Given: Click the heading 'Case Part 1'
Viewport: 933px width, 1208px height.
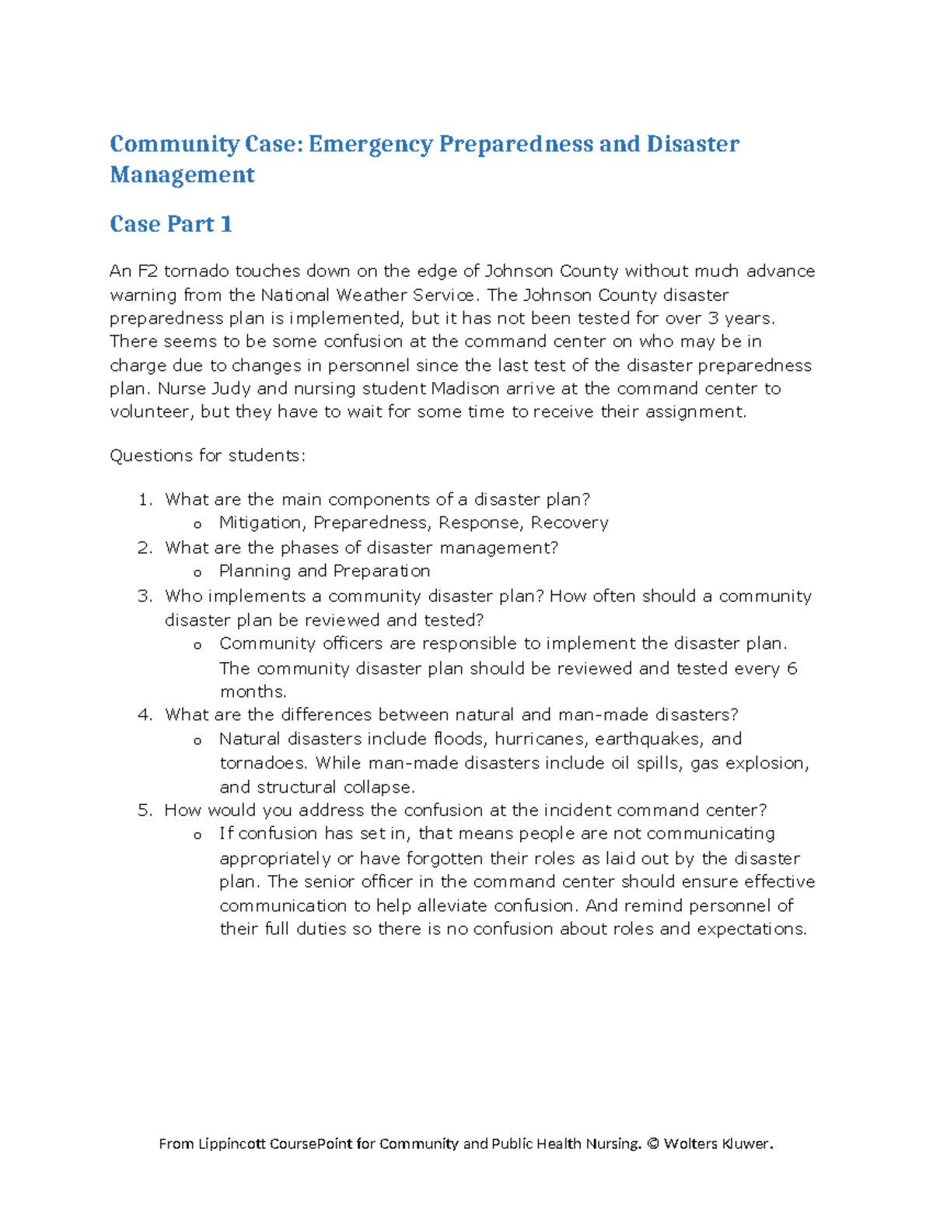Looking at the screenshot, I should click(171, 224).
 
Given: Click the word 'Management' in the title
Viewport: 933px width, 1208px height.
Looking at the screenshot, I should click(182, 175).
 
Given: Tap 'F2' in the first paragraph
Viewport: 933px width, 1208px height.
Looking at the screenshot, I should click(148, 271).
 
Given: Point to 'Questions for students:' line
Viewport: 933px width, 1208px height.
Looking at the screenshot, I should click(208, 456).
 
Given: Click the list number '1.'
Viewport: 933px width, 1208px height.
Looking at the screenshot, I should click(145, 499).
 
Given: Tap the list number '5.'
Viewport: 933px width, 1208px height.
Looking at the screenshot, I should click(145, 811).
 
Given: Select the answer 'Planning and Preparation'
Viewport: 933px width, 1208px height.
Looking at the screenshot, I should click(324, 571).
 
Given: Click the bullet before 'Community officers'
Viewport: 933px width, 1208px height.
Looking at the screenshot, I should click(197, 645).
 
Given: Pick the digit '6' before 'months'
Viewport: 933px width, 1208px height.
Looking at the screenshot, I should click(791, 668).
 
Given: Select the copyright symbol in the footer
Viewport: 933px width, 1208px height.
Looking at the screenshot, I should click(652, 1143).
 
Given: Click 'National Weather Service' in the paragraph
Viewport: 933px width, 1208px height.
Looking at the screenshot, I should click(367, 295).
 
